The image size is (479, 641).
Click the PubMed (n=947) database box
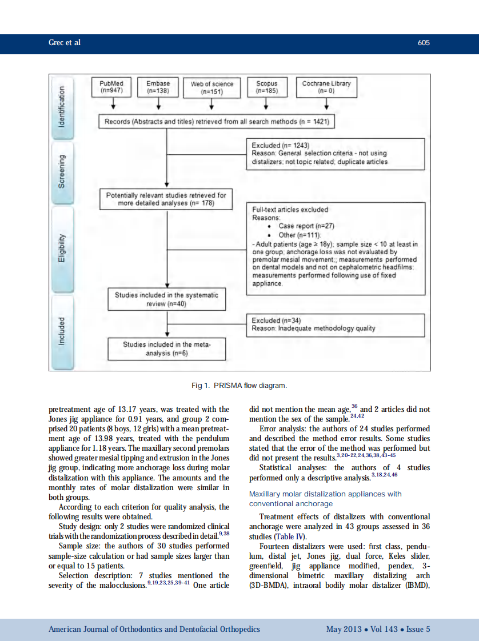pos(111,87)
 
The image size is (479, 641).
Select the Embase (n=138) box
pos(158,87)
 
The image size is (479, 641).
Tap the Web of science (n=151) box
pos(212,87)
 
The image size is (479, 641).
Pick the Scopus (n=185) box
pos(266,87)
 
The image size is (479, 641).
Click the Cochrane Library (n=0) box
pos(326,87)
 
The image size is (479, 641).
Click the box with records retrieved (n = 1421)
pos(214,122)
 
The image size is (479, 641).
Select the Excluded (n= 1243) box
pos(336,154)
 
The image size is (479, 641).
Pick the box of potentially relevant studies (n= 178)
pos(166,199)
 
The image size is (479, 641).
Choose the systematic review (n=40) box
pos(166,299)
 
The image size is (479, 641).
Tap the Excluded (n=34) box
pos(336,324)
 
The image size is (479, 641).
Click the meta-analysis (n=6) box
pos(166,349)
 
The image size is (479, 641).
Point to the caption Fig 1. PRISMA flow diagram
pos(239,386)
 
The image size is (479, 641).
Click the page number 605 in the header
pos(424,43)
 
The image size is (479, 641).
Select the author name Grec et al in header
pos(65,43)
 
